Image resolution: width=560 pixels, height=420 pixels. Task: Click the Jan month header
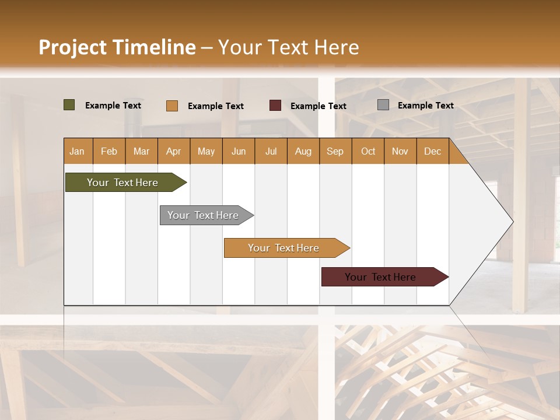coord(77,152)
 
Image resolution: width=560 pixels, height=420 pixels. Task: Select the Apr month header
coord(174,152)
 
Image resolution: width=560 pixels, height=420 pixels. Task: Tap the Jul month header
coord(271,152)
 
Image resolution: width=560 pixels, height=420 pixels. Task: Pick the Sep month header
coord(335,152)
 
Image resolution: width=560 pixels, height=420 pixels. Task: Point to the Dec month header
coord(432,152)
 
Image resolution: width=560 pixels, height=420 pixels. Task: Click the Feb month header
coord(109,152)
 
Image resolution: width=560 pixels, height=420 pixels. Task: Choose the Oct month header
coord(368,152)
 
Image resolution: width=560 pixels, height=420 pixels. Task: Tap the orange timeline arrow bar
coord(284,248)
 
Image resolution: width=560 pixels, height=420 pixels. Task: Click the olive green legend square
coord(69,105)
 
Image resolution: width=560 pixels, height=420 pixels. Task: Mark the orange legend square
coord(172,106)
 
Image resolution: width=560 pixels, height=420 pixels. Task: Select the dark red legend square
coord(275,106)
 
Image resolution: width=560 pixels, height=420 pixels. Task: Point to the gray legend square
coord(383,105)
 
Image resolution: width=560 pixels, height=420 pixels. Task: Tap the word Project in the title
coord(72,47)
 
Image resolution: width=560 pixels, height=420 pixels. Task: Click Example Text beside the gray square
coord(425,105)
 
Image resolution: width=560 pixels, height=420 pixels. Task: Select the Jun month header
coord(239,152)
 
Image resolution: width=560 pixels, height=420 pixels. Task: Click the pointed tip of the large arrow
coord(512,222)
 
